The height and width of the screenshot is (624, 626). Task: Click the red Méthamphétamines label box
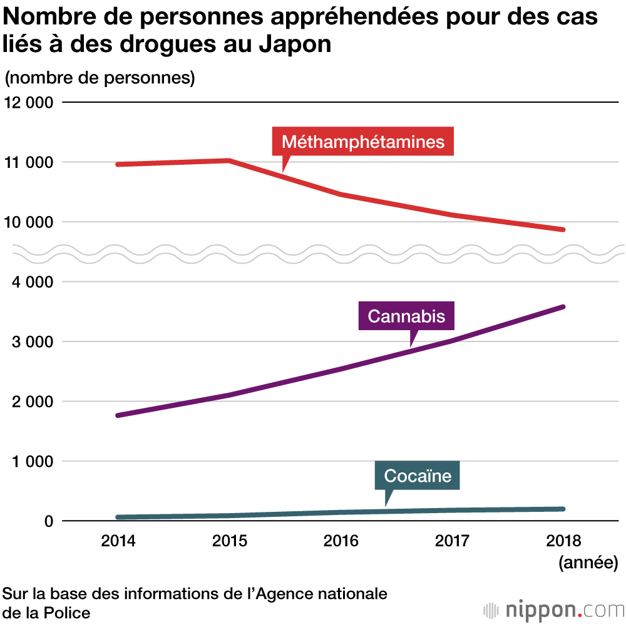(362, 142)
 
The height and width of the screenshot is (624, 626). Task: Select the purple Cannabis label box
(406, 316)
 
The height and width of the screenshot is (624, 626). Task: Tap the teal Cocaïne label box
(418, 476)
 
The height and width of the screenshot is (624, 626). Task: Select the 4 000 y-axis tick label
(32, 282)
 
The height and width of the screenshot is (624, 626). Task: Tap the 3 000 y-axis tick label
(32, 342)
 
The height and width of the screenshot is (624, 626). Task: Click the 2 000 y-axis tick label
(32, 402)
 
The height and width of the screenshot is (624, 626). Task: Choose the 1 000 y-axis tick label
(32, 462)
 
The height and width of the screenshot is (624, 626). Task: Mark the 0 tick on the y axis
(48, 521)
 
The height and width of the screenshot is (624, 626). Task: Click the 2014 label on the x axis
(118, 541)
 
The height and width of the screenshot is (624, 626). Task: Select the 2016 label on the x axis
(341, 541)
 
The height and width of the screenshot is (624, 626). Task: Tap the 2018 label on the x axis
(563, 541)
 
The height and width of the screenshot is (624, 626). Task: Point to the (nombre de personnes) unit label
(100, 78)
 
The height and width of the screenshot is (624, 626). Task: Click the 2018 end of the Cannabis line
(563, 307)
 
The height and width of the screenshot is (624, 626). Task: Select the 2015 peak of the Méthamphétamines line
(229, 161)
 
